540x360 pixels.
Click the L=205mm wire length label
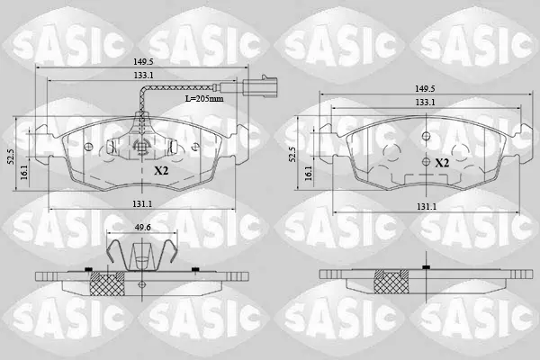click(204, 98)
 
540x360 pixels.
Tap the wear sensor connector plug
click(260, 86)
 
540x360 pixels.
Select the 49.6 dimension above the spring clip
click(142, 228)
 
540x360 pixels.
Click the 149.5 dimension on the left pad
click(143, 62)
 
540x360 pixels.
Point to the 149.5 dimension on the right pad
click(425, 88)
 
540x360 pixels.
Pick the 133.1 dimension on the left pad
click(144, 76)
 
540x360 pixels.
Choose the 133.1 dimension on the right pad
click(425, 103)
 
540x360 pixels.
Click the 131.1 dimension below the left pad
click(142, 204)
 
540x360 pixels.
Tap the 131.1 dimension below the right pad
click(427, 207)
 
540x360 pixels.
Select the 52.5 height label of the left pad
click(10, 156)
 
